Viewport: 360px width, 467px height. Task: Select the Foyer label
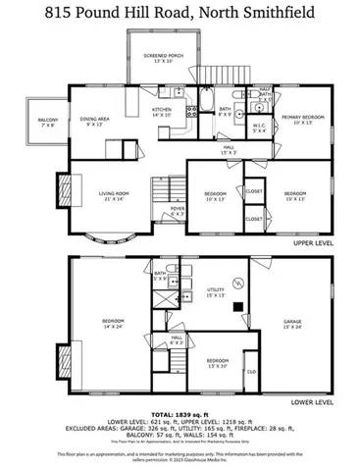tap(178, 210)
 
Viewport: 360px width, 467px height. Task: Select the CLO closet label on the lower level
tap(251, 372)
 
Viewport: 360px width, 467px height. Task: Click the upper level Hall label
tap(229, 152)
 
